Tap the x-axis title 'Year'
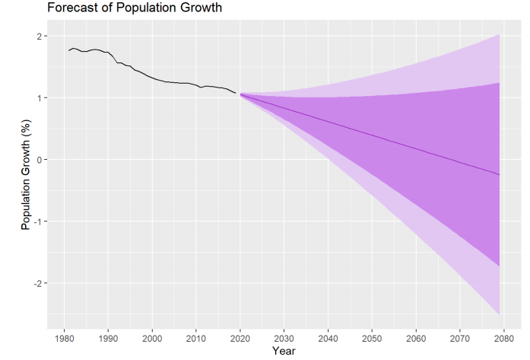283,351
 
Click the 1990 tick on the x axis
108,338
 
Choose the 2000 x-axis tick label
152,338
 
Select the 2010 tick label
195,338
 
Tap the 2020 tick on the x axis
240,338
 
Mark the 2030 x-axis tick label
284,338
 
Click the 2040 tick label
327,338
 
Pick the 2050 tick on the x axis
371,338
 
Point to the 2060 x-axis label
415,338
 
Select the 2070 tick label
459,338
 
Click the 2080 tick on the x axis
503,338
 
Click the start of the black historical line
68,50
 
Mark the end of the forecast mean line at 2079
499,175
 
